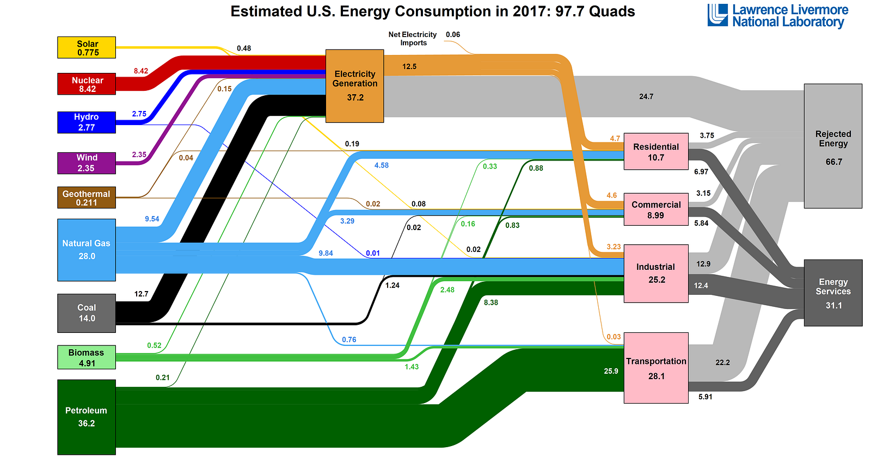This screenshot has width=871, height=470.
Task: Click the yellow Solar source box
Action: pyautogui.click(x=87, y=47)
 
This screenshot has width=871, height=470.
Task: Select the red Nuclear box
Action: pyautogui.click(x=87, y=84)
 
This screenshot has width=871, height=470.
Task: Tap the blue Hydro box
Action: pyautogui.click(x=87, y=122)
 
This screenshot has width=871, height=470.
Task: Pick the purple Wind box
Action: pyautogui.click(x=87, y=163)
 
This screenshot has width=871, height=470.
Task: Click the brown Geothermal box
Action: pyautogui.click(x=87, y=197)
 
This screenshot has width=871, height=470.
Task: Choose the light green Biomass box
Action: pyautogui.click(x=87, y=357)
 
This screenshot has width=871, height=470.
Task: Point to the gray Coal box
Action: pyautogui.click(x=87, y=313)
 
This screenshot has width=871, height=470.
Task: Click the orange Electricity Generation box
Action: pyautogui.click(x=355, y=86)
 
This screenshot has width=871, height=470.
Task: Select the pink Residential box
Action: pyautogui.click(x=656, y=152)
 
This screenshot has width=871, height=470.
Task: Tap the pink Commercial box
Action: pyautogui.click(x=656, y=209)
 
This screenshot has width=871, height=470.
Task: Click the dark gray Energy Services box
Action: pyautogui.click(x=833, y=293)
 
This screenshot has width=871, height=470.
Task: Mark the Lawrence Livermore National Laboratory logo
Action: pyautogui.click(x=778, y=16)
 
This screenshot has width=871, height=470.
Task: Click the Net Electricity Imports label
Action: pyautogui.click(x=413, y=39)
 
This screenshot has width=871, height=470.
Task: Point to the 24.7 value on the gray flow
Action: pyautogui.click(x=646, y=96)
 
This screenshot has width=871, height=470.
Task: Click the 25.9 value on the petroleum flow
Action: pyautogui.click(x=611, y=371)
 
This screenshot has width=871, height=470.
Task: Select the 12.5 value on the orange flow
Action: pyautogui.click(x=409, y=66)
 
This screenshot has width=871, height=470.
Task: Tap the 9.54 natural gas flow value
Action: pyautogui.click(x=152, y=219)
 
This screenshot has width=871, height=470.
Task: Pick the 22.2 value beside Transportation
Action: pyautogui.click(x=722, y=362)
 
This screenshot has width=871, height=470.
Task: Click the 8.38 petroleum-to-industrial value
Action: pyautogui.click(x=490, y=302)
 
